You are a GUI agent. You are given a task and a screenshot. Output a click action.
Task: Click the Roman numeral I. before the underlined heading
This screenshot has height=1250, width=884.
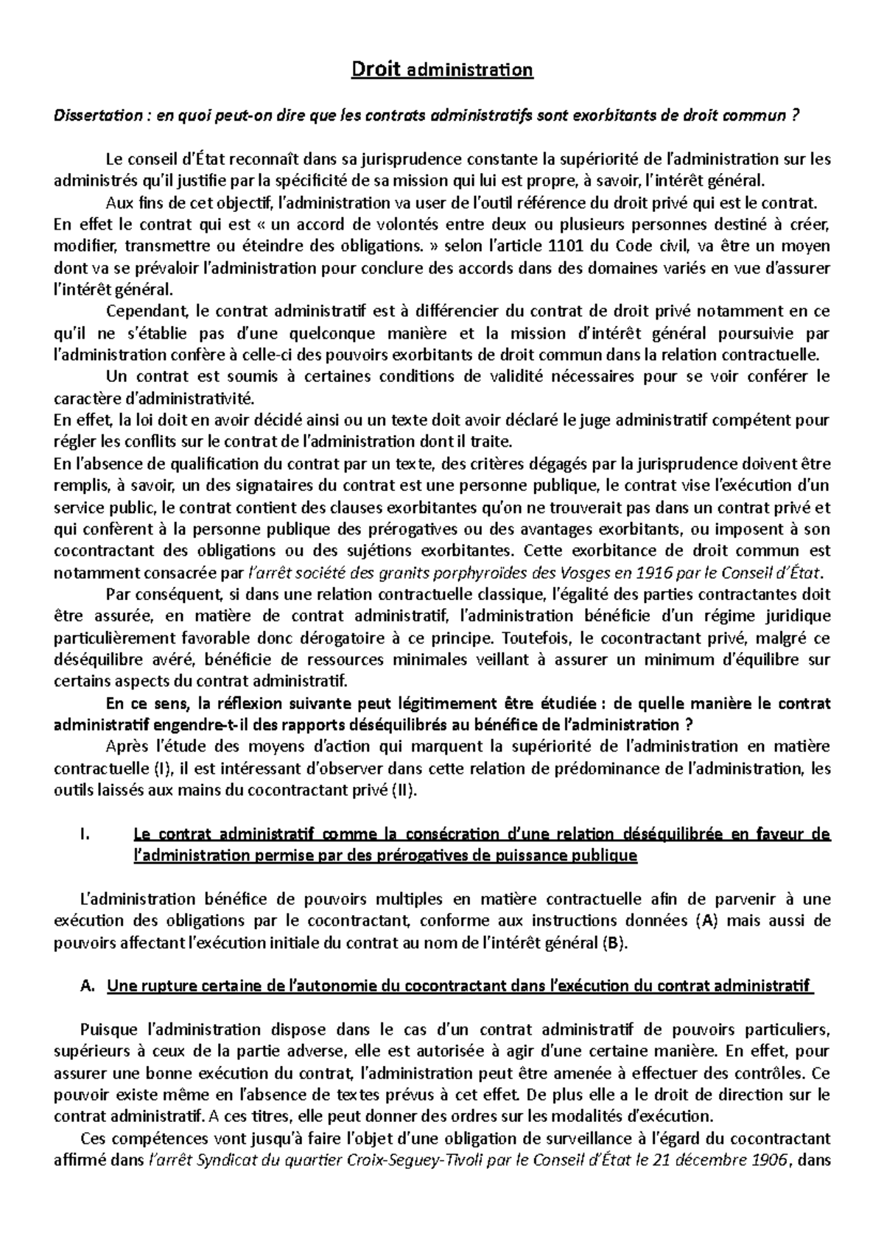pyautogui.click(x=82, y=834)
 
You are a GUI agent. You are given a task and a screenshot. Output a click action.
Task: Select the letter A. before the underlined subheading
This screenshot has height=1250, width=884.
pyautogui.click(x=83, y=986)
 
